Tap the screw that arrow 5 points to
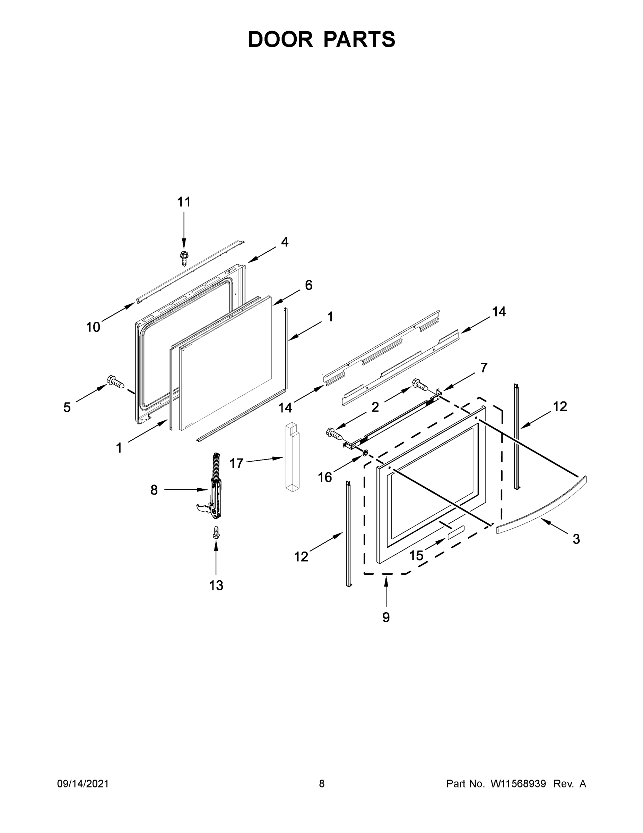pos(116,382)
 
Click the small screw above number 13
pos(216,532)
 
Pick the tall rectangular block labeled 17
pos(292,457)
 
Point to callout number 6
pos(309,285)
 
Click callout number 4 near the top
pos(285,242)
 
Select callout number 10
pos(93,327)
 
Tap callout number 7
pos(484,368)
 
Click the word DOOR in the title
pos(280,39)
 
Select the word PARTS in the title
pos(359,39)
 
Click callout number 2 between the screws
pos(375,407)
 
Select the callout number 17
pos(236,463)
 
